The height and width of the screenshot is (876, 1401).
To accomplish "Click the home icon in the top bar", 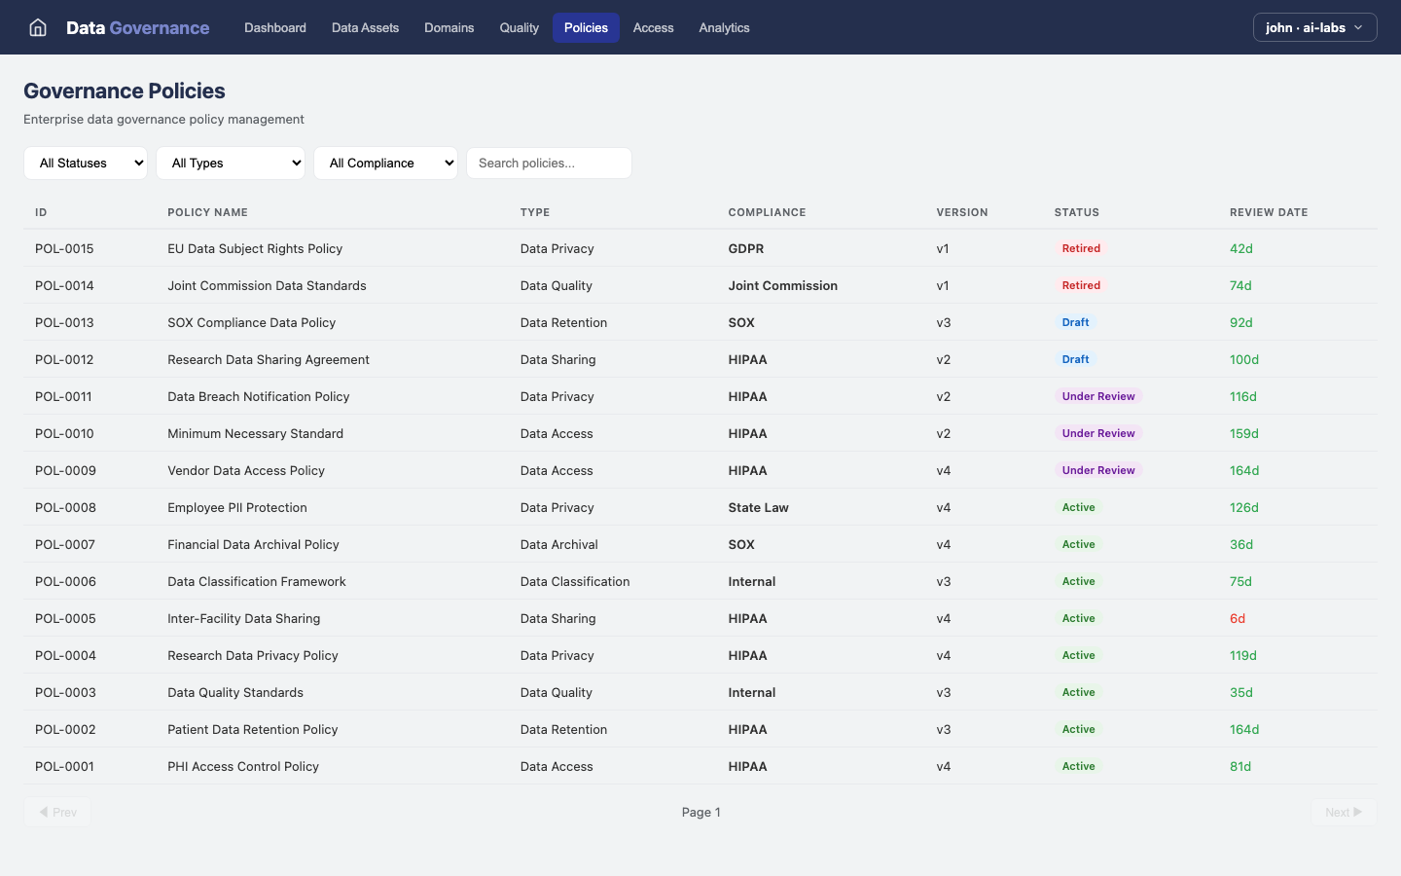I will click(38, 27).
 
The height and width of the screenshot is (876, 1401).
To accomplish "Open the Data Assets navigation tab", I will click(365, 27).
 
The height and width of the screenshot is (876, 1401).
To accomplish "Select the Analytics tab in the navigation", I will click(724, 27).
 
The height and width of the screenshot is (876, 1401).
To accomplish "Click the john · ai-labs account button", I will click(1314, 27).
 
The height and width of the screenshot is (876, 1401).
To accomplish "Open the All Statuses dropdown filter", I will click(86, 164).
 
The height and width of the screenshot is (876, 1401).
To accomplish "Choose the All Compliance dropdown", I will click(385, 164).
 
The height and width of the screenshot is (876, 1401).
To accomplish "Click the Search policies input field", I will click(549, 164).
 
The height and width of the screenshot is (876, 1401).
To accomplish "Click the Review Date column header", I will click(1268, 212).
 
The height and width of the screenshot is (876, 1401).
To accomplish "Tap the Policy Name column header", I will click(207, 212).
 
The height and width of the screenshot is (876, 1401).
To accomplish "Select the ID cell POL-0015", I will click(64, 249).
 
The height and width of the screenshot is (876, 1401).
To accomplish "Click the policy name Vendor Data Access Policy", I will click(246, 471).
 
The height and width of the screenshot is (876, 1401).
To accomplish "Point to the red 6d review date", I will click(1237, 619).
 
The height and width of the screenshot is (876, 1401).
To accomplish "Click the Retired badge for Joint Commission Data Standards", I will click(1081, 286).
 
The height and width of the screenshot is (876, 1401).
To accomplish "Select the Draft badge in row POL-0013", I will click(1075, 323).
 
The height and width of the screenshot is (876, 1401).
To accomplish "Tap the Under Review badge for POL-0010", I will click(1098, 434).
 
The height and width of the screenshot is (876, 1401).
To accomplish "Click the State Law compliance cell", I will click(758, 508).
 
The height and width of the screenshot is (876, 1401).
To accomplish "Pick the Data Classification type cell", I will click(574, 582).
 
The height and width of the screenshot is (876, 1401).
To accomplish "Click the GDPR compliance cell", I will click(745, 249).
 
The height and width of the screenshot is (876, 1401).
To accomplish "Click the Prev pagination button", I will click(57, 812).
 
